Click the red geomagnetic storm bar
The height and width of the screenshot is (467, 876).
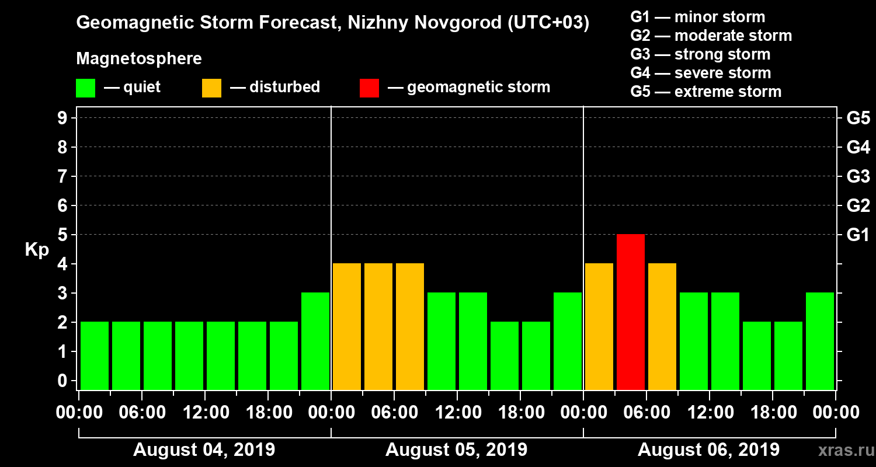pos(631,312)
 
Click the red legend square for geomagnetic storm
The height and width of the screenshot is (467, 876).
pos(369,88)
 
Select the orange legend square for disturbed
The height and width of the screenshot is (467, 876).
pos(211,88)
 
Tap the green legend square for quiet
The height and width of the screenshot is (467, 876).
pos(85,88)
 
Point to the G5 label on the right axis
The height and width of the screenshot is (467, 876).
pos(858,118)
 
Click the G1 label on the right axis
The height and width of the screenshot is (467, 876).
pos(858,235)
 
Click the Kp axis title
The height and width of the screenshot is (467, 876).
pos(37,250)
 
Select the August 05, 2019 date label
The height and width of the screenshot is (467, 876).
pos(456,450)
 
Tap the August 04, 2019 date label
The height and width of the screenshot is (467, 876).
pos(204,450)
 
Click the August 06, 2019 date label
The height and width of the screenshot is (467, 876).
pos(708,450)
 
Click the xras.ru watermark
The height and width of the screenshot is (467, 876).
pos(842,451)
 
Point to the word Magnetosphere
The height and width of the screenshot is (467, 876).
pos(139,59)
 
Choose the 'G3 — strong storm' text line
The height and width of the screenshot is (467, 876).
pos(700,54)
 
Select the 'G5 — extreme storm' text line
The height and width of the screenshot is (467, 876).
pos(705,92)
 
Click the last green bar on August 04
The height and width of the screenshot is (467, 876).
pos(315,341)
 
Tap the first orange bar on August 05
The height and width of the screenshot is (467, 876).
pos(347,326)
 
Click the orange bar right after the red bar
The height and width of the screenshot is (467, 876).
pos(662,326)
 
